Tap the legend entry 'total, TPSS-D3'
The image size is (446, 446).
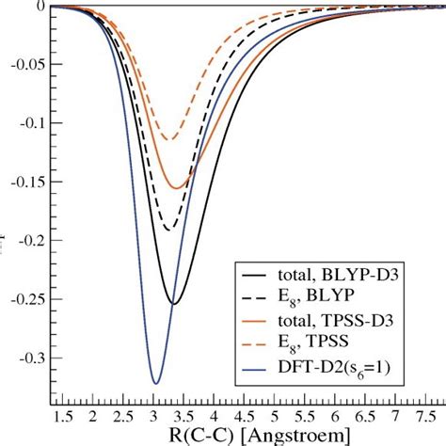pyautogui.click(x=326, y=325)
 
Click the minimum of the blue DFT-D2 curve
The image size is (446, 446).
pyautogui.click(x=156, y=383)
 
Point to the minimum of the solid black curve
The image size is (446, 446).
pyautogui.click(x=173, y=303)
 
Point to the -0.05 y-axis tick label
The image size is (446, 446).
pyautogui.click(x=24, y=65)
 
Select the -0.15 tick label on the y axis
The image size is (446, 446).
pyautogui.click(x=24, y=183)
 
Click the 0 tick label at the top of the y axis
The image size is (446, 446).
pyautogui.click(x=38, y=7)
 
